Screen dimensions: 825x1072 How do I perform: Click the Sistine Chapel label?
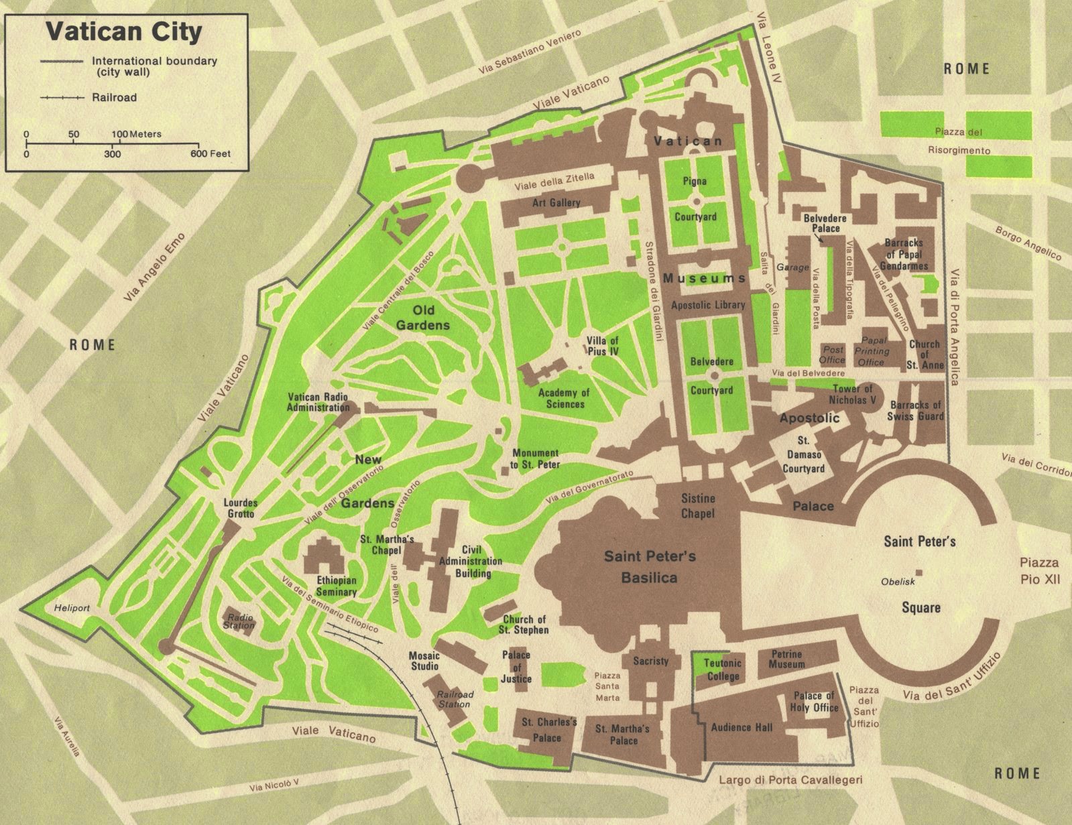(x=698, y=506)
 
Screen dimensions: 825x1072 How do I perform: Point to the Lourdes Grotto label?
(x=241, y=508)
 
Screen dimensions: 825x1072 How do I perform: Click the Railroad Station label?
(x=454, y=699)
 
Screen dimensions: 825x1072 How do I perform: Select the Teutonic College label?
(x=723, y=669)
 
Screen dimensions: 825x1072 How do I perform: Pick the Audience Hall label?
(x=741, y=727)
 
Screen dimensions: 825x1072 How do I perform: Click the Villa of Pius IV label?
(x=602, y=345)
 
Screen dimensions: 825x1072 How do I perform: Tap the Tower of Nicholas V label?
(x=852, y=394)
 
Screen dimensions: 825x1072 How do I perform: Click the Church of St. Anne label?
(x=925, y=355)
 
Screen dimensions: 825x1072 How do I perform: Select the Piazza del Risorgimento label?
(x=958, y=141)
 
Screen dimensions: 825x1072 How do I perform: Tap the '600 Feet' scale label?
(x=210, y=154)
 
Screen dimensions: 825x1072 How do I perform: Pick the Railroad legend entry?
(x=114, y=97)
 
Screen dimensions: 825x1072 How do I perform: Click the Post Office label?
(x=833, y=355)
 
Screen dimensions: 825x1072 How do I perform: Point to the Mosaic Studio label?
(x=424, y=661)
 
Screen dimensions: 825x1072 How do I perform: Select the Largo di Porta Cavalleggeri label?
(x=790, y=780)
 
